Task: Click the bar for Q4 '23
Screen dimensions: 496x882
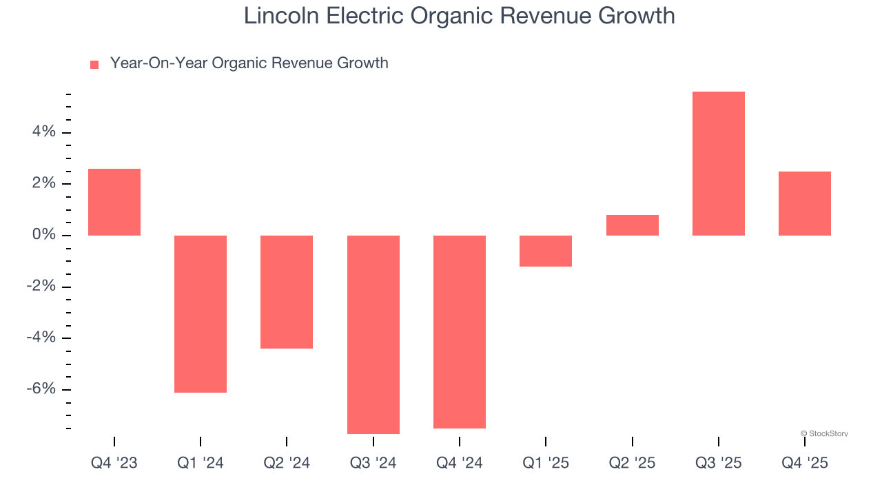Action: coord(114,202)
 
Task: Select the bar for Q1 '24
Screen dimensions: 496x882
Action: coord(201,314)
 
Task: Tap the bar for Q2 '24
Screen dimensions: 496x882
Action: coord(287,292)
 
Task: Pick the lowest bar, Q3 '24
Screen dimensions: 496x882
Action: coord(373,335)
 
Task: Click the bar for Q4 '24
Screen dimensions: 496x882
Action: coord(460,332)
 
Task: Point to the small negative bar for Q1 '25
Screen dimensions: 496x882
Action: coord(546,251)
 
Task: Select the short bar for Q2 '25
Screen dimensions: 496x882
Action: coord(632,225)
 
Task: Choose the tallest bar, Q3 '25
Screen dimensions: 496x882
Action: coord(718,163)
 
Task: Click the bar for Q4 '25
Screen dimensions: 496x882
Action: coord(804,203)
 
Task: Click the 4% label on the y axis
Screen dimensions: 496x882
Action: coord(43,132)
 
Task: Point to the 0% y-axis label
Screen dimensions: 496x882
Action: coord(43,235)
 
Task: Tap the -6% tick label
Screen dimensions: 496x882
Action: coord(41,389)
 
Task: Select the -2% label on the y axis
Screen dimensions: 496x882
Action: coord(41,286)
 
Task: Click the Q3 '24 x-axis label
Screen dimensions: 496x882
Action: coord(373,464)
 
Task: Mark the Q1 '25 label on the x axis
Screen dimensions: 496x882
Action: coord(546,464)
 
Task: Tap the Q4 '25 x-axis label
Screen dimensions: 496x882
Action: coord(804,464)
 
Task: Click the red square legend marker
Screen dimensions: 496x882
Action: coord(94,64)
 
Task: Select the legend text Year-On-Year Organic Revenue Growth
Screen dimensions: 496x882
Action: coord(249,63)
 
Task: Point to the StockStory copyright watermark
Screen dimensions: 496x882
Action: coord(824,433)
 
